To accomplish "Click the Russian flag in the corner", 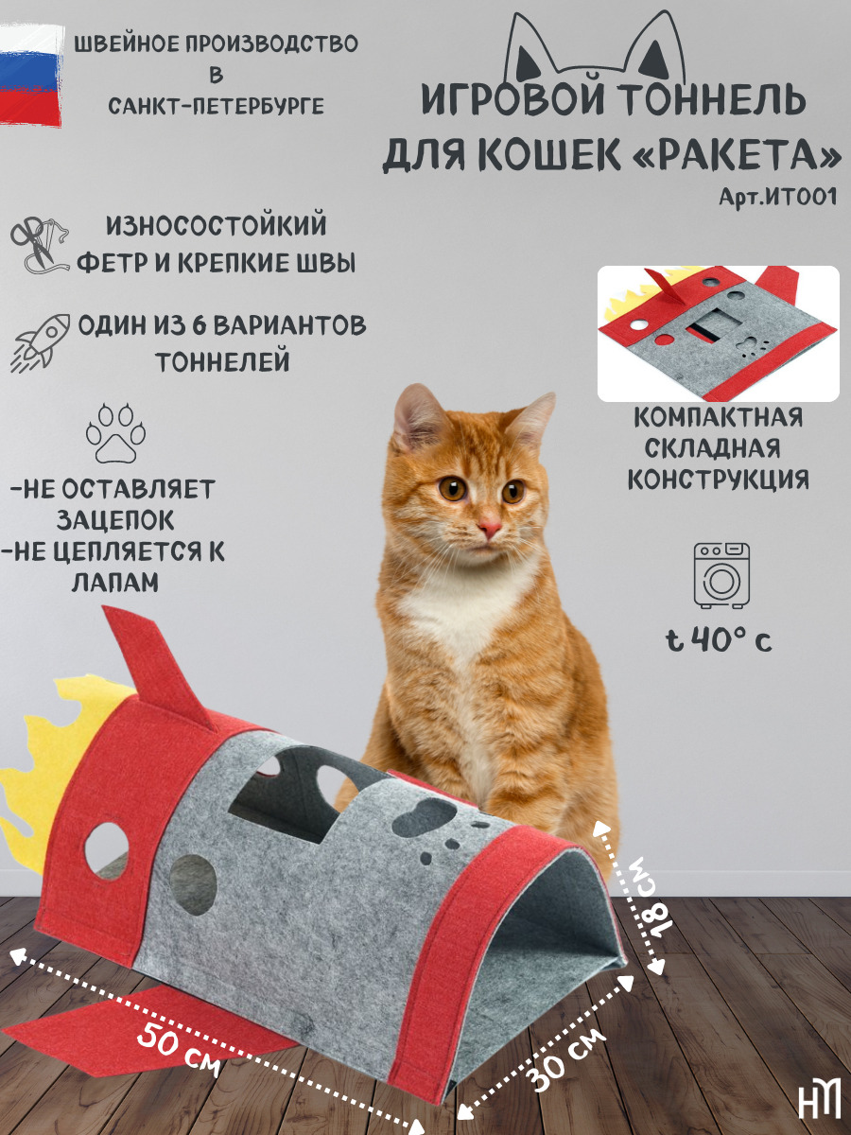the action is point(30,75).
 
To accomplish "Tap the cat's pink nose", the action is point(489,528).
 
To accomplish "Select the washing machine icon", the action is point(721,575).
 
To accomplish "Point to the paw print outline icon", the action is point(115,433).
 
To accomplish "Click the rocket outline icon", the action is point(40,341).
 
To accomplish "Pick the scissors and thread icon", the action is point(40,245).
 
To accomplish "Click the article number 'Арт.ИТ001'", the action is point(777,197).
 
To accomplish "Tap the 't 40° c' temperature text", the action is point(719,640).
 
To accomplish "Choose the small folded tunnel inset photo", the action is point(719,334).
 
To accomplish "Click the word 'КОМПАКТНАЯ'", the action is point(719,417).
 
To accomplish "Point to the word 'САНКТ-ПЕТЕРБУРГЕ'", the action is point(216,106).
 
